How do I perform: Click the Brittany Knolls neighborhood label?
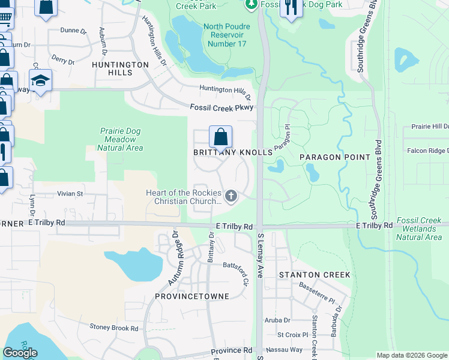[x=232, y=152]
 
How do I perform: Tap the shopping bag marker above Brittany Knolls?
[x=220, y=137]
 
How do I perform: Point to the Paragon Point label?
[x=335, y=157]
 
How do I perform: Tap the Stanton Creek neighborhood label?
[x=314, y=275]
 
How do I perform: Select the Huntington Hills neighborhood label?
[x=120, y=68]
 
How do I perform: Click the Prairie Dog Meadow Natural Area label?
[x=120, y=139]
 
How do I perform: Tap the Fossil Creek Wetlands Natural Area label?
[x=419, y=233]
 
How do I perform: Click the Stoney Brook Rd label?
[x=113, y=328]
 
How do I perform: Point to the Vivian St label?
[x=70, y=194]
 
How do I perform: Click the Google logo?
[x=20, y=353]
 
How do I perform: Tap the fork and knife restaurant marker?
[x=291, y=8]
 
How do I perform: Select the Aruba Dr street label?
[x=277, y=320]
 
